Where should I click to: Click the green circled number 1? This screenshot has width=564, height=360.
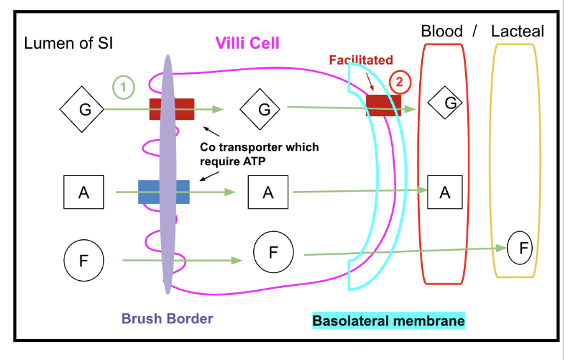123,87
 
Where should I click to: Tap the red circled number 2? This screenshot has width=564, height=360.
399,82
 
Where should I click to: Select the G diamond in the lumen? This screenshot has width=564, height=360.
82,109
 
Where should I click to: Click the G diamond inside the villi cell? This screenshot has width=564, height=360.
260,109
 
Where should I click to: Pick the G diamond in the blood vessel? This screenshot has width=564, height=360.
445,103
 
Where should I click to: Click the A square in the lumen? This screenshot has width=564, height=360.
84,192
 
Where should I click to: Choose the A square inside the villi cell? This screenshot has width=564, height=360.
268,192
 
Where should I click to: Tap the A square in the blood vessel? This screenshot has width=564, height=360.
445,192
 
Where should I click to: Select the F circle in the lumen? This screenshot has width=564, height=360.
84,260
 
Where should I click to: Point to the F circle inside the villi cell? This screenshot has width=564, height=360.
273,252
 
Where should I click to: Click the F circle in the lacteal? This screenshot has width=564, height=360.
520,248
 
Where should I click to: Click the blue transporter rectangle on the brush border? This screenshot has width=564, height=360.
164,192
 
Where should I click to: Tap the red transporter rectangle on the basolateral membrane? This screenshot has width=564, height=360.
383,105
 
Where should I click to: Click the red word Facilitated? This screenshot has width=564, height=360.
361,60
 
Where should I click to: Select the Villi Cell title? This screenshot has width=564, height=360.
248,43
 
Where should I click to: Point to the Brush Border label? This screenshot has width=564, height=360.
167,319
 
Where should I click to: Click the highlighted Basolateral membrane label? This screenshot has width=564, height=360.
389,321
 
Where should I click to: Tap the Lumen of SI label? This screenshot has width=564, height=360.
68,43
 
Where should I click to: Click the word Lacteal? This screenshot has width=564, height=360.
517,31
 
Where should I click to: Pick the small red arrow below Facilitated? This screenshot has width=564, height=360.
370,82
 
